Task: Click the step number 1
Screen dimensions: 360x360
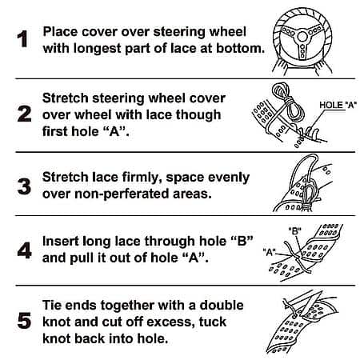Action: (22, 39)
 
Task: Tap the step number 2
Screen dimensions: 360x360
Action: (24, 114)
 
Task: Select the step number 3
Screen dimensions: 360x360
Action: (24, 186)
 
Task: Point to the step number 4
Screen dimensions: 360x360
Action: (24, 250)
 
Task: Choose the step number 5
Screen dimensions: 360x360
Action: (24, 320)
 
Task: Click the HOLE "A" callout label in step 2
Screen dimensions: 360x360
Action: (338, 105)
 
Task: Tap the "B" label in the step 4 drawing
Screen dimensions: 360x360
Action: (294, 230)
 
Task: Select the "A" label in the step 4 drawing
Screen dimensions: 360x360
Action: (269, 252)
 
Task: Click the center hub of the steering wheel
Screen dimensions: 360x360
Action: (302, 37)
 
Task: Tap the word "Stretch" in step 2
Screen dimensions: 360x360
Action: (66, 98)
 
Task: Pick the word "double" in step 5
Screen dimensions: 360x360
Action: (222, 305)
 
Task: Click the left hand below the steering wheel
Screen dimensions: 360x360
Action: (282, 66)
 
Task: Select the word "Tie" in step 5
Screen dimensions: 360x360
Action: (52, 305)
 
